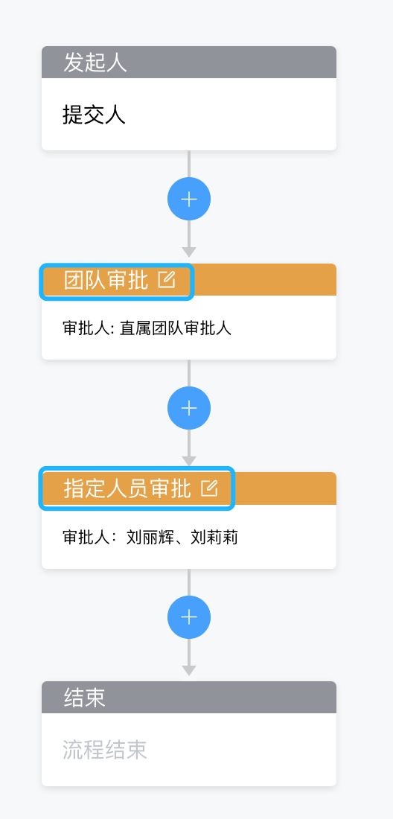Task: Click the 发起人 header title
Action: point(95,63)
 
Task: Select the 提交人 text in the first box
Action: point(94,115)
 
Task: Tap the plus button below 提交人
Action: point(189,199)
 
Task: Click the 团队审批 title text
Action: point(106,280)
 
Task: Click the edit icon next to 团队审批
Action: point(167,279)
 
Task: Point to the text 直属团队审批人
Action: point(176,328)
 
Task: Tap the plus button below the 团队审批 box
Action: point(189,408)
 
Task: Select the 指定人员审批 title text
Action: point(127,489)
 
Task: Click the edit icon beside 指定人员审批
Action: point(208,488)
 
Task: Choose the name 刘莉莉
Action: point(214,537)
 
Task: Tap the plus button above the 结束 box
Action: point(189,617)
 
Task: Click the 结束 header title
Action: point(85,698)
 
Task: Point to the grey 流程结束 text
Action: point(104,750)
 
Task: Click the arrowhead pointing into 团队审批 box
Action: point(189,252)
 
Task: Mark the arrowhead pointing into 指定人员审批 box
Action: point(189,461)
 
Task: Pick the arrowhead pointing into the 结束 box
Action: point(189,670)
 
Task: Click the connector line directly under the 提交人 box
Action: point(189,164)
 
